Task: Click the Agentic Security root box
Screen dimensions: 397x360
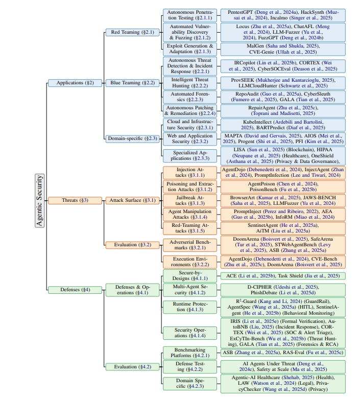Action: pos(40,200)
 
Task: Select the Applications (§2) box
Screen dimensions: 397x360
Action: pos(71,83)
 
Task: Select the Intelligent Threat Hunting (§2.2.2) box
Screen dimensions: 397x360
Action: pos(189,83)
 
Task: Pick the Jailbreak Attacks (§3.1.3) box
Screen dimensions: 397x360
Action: pos(189,200)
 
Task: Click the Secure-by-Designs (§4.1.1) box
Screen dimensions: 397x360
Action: pos(189,276)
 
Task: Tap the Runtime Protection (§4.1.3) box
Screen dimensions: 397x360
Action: pos(189,307)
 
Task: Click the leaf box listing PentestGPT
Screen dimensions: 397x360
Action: pos(282,15)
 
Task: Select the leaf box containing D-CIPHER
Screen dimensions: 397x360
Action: pos(282,290)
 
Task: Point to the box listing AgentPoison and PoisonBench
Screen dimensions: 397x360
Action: pos(282,186)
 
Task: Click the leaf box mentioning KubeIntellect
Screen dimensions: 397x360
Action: pos(282,125)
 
